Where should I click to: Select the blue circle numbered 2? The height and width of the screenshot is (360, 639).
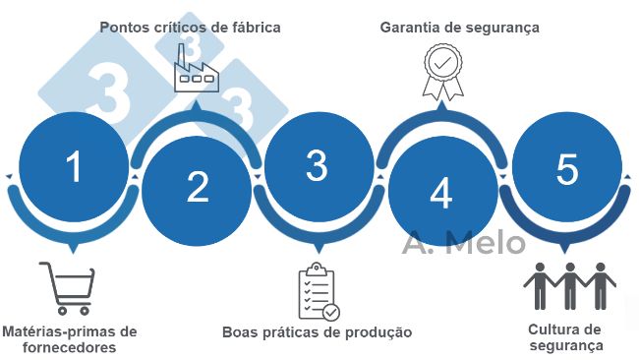tap(198, 187)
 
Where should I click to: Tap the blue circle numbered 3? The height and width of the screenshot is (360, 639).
tap(317, 166)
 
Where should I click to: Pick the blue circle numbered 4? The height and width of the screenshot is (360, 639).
tap(441, 192)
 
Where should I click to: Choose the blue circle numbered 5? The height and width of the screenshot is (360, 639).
tap(567, 169)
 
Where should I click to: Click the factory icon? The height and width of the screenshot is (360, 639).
tap(195, 71)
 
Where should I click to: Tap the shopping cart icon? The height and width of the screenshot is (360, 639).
tap(68, 286)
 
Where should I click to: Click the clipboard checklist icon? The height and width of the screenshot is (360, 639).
tap(318, 292)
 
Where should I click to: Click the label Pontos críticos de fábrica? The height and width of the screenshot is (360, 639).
tap(190, 28)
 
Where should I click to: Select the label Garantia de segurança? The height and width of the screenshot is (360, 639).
tap(460, 28)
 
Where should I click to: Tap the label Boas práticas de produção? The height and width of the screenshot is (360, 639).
tap(317, 332)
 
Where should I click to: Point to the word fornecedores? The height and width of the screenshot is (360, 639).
tap(70, 347)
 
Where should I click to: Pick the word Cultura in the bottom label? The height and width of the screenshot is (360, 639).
tap(553, 329)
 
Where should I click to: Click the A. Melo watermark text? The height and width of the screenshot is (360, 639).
tap(464, 242)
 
